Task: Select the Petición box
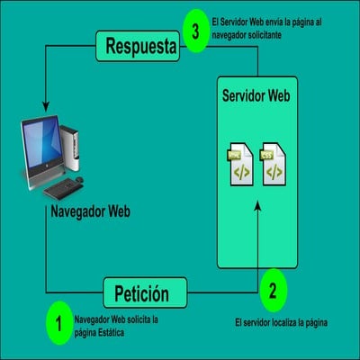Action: pyautogui.click(x=141, y=292)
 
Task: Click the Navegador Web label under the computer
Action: pyautogui.click(x=90, y=213)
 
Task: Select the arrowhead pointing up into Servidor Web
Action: pyautogui.click(x=257, y=206)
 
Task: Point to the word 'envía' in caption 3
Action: pyautogui.click(x=280, y=20)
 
